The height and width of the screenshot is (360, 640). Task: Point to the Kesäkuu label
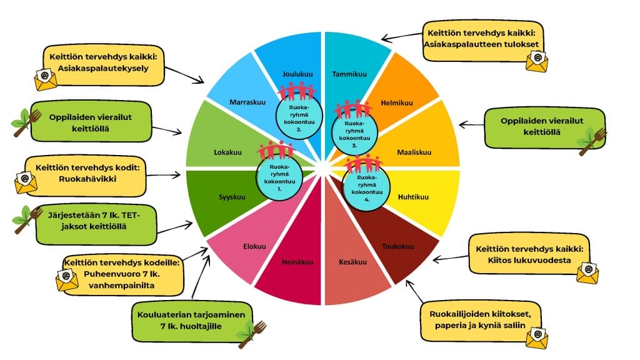coord(353,262)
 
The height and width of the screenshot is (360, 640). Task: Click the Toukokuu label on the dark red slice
coord(397,246)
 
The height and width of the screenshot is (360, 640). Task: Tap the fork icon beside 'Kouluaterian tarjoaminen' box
coord(252,333)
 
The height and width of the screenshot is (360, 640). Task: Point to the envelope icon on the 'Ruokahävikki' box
coord(26,182)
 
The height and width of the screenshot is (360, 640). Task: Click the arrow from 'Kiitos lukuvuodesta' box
coord(450,257)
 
